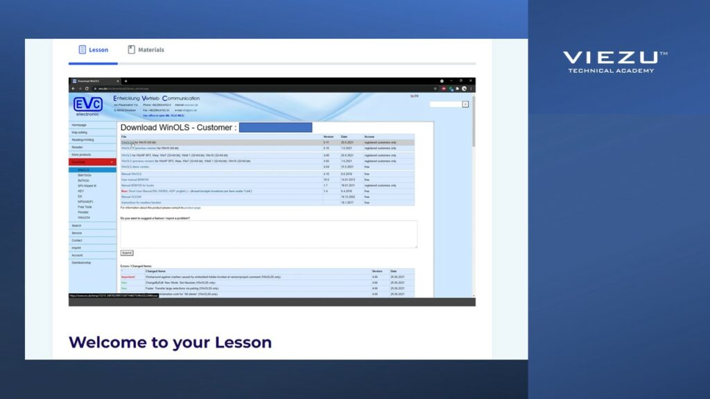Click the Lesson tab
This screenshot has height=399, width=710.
pyautogui.click(x=93, y=50)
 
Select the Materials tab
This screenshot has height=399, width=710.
pyautogui.click(x=146, y=50)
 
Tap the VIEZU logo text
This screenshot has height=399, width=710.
pyautogui.click(x=610, y=57)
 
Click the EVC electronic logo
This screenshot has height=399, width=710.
pyautogui.click(x=88, y=105)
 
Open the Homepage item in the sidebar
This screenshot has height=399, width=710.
pyautogui.click(x=79, y=125)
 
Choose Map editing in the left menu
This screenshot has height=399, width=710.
pyautogui.click(x=80, y=132)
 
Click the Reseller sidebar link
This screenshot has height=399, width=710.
pyautogui.click(x=77, y=147)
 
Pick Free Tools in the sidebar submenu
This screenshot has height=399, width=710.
pyautogui.click(x=85, y=206)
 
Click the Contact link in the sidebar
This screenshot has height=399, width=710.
pyautogui.click(x=77, y=240)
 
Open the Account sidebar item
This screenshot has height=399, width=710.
pyautogui.click(x=77, y=255)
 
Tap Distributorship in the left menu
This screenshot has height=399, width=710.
pyautogui.click(x=81, y=263)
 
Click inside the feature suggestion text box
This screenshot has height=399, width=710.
pyautogui.click(x=268, y=234)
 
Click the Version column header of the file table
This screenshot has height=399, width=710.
pyautogui.click(x=329, y=136)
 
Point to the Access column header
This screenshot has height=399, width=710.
pyautogui.click(x=370, y=136)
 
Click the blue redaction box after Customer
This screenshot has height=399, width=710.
pyautogui.click(x=275, y=127)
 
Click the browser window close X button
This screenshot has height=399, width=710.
pyautogui.click(x=471, y=80)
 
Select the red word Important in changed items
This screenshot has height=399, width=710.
pyautogui.click(x=128, y=276)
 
